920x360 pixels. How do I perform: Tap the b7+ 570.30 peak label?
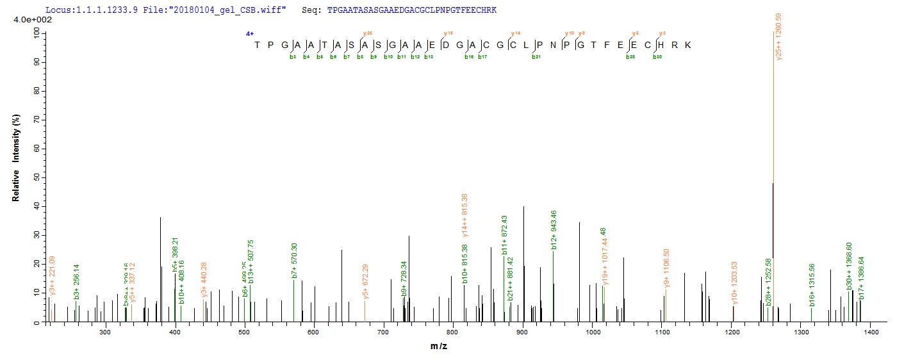[294, 260]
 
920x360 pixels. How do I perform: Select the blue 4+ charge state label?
[250, 33]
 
